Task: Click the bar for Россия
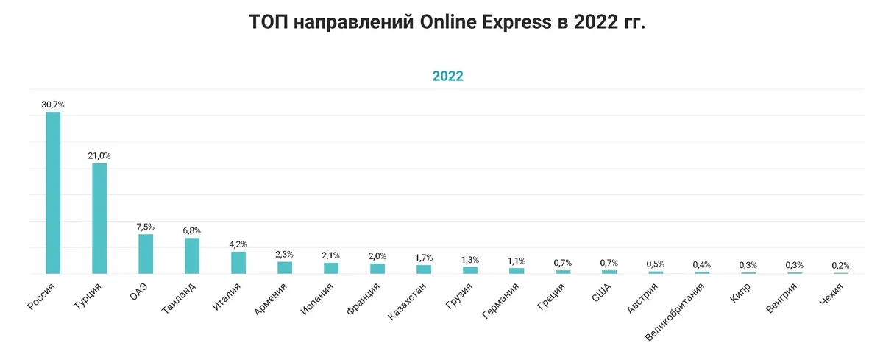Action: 53,193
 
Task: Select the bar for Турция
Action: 99,218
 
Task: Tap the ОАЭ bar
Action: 146,254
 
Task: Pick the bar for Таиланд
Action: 192,255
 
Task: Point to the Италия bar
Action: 238,263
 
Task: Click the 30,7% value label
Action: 53,105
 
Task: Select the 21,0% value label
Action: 99,156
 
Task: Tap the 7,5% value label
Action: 146,227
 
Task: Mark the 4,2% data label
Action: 238,244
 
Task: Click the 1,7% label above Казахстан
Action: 424,258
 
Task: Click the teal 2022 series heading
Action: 447,76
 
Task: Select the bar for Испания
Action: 331,268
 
